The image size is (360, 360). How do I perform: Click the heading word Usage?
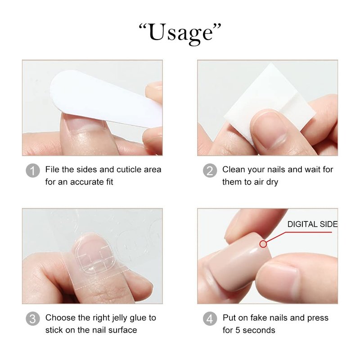tap(180, 33)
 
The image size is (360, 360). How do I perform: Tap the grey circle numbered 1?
tap(32, 171)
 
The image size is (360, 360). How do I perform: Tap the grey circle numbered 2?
tap(210, 171)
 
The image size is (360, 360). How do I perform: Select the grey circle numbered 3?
tap(32, 319)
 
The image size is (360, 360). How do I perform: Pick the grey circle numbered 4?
tap(210, 319)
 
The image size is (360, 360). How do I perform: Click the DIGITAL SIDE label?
tap(312, 224)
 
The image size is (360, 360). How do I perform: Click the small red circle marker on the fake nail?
tap(263, 244)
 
